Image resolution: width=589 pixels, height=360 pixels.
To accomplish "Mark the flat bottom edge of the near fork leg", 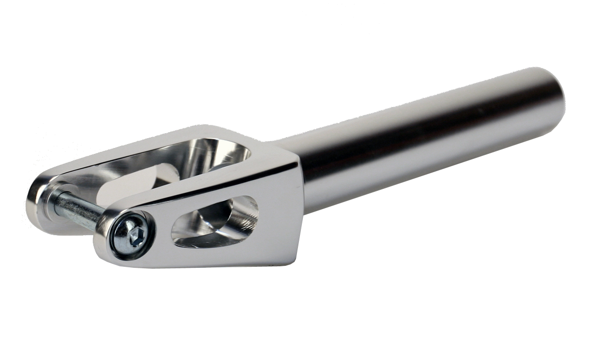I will click(207, 264).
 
